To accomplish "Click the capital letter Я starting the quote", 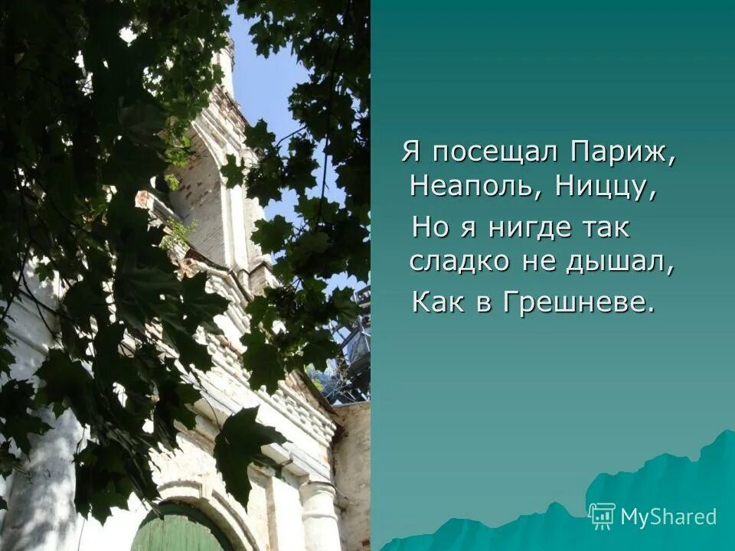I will [412, 152].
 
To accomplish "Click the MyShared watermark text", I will [668, 517].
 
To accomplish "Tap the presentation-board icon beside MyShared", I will [603, 516].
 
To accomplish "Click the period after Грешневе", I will [652, 310].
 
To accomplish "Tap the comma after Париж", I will [673, 161].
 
